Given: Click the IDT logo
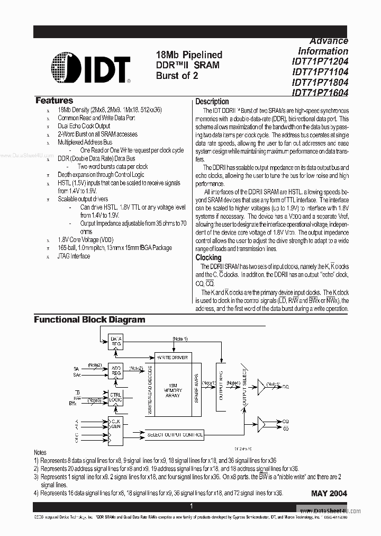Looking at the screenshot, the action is point(91,68).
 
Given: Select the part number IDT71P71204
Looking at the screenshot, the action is point(320,61).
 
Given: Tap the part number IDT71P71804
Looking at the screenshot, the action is point(320,82).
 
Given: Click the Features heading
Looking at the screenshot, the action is point(54,101).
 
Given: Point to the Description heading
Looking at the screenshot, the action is point(212,101).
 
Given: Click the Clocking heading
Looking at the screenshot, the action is point(208,257).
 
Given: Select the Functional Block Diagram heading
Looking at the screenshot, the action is point(89,319).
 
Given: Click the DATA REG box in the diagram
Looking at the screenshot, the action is point(115,342).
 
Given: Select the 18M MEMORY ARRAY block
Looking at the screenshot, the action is point(173,391).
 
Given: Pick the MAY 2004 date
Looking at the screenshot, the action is point(329,493).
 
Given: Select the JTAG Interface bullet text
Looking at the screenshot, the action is point(74,256).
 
